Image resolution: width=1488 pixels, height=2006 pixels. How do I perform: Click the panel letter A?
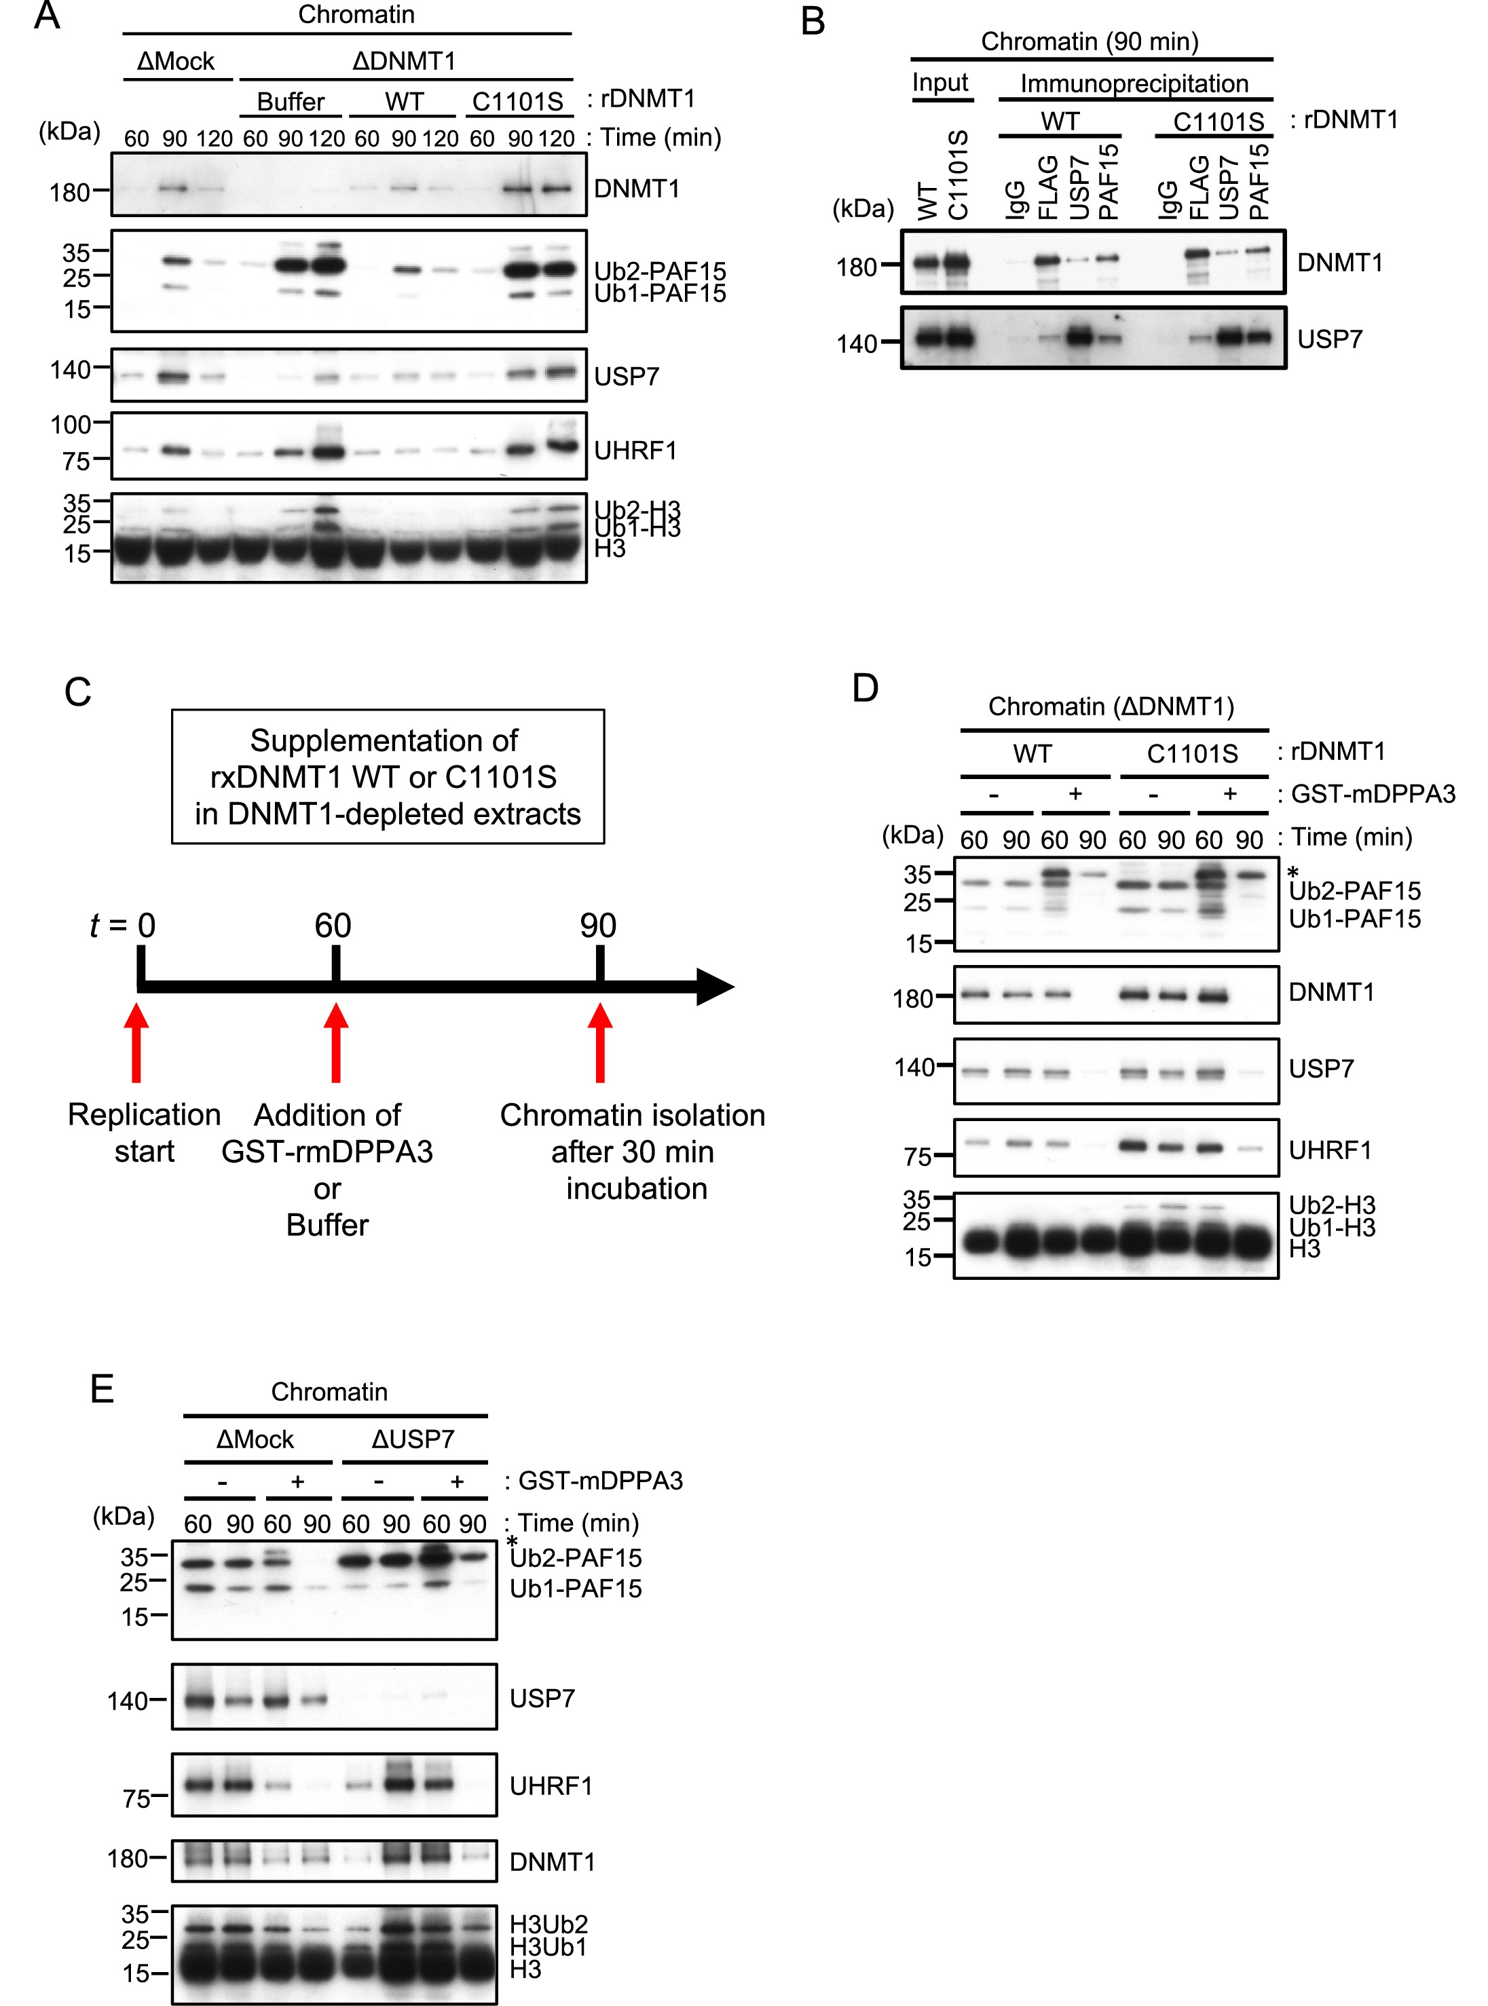tap(48, 16)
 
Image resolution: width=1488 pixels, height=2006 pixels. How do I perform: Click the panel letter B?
tap(813, 22)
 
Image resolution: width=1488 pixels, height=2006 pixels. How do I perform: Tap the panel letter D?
tap(866, 689)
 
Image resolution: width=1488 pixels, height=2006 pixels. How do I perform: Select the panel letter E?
tap(102, 1388)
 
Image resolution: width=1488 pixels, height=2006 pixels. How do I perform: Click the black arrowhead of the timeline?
tap(716, 987)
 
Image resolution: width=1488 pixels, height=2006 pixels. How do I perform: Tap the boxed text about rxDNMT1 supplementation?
tap(388, 777)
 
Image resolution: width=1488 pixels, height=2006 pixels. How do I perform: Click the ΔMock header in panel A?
tap(176, 61)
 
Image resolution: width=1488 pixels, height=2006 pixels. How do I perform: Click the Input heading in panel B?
tap(940, 83)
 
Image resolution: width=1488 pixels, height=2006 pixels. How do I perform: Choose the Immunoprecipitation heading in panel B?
tap(1134, 83)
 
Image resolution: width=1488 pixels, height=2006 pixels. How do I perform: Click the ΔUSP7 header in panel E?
tap(413, 1439)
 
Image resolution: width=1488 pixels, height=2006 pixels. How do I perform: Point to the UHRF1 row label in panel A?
tap(635, 450)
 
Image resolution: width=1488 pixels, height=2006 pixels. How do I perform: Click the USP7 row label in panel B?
tap(1329, 339)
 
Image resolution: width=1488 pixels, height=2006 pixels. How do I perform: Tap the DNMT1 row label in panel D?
tap(1331, 992)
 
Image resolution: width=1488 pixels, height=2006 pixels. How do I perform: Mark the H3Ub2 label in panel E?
tap(548, 1924)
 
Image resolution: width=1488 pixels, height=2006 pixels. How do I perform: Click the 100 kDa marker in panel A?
tap(71, 424)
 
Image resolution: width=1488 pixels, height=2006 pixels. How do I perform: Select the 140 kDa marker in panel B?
tap(857, 344)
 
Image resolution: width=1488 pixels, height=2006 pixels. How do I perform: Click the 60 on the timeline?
tap(333, 926)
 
